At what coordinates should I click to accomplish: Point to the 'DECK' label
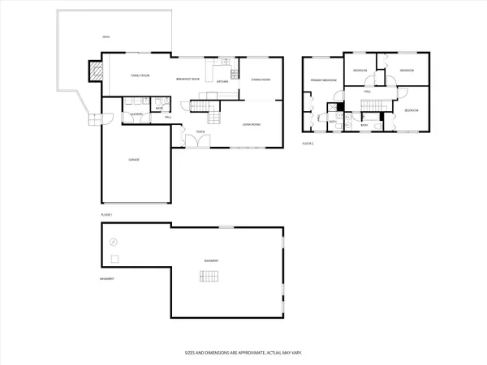(105, 37)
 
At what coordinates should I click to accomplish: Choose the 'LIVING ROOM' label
(252, 124)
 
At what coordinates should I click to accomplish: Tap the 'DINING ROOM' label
(261, 79)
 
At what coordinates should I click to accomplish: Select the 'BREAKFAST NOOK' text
(187, 79)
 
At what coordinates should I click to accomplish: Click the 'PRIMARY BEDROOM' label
(322, 81)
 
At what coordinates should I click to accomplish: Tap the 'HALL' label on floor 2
(367, 92)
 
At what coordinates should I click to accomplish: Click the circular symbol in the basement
(114, 241)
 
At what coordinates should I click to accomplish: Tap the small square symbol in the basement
(114, 259)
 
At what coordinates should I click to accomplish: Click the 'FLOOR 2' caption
(308, 143)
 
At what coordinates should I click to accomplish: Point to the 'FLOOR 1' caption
(106, 214)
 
